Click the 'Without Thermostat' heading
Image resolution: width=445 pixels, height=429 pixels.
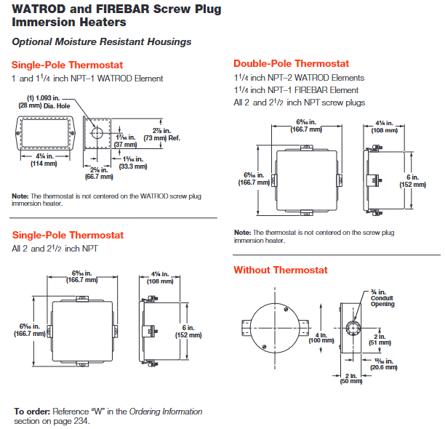pyautogui.click(x=280, y=270)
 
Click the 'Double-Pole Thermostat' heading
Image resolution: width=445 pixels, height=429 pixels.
pyautogui.click(x=291, y=64)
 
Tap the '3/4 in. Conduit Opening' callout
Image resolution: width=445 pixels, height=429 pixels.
pyautogui.click(x=382, y=299)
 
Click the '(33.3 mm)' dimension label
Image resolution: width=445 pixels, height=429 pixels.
pyautogui.click(x=134, y=166)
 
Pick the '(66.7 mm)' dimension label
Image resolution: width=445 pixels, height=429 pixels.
pyautogui.click(x=98, y=177)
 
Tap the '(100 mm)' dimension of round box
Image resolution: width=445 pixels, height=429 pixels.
pyautogui.click(x=308, y=340)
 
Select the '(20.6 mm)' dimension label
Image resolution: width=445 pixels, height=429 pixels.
pyautogui.click(x=387, y=368)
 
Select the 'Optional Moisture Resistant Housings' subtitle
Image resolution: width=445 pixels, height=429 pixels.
pyautogui.click(x=102, y=41)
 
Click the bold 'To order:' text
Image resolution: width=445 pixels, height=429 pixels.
pyautogui.click(x=30, y=412)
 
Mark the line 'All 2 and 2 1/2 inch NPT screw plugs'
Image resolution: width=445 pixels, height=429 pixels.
pyautogui.click(x=300, y=103)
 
